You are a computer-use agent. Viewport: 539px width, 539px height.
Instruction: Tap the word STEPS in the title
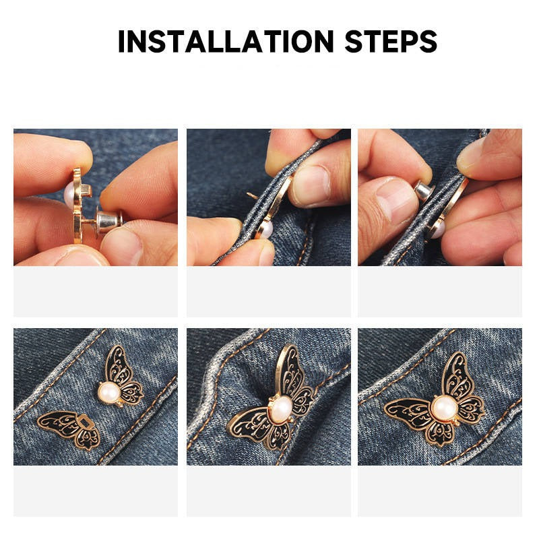pos(391,41)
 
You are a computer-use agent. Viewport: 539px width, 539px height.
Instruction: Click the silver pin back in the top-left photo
pos(109,219)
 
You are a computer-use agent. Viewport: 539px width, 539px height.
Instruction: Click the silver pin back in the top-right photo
pos(423,190)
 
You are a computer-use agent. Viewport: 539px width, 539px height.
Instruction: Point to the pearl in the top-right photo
pos(436,229)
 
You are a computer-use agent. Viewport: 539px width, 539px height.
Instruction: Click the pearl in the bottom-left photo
pos(109,392)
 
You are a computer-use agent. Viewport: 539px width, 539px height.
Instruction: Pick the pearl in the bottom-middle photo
pos(281,408)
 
